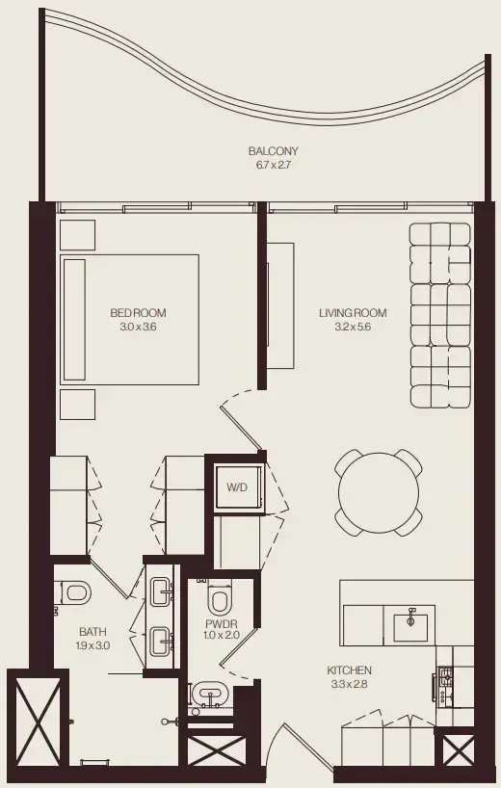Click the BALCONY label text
click(x=273, y=151)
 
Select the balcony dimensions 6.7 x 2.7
click(x=273, y=165)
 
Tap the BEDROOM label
click(x=138, y=313)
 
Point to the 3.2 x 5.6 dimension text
click(x=353, y=328)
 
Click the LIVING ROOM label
click(x=353, y=313)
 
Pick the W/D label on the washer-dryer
click(x=236, y=487)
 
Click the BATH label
click(x=92, y=632)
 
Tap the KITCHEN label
click(x=349, y=670)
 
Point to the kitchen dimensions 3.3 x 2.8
click(x=349, y=684)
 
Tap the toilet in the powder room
click(x=220, y=601)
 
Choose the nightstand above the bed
click(x=78, y=235)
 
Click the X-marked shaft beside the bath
click(x=32, y=718)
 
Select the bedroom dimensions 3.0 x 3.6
click(x=138, y=328)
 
